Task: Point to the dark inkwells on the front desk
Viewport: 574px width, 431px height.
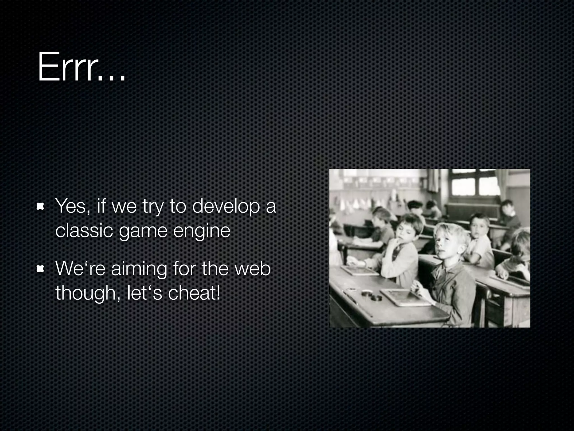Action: pyautogui.click(x=372, y=296)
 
